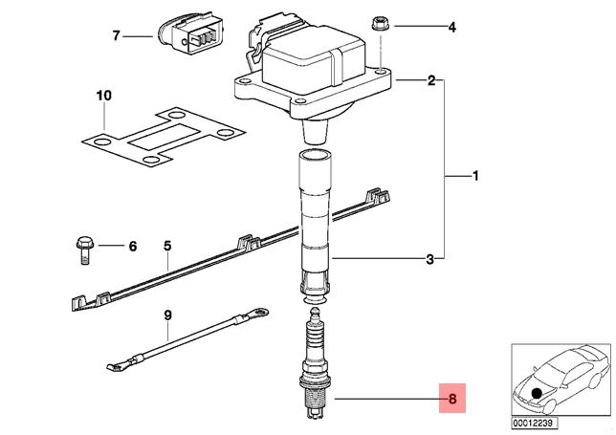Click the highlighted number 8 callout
[x=452, y=399]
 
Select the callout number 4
[x=452, y=27]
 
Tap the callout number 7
[x=116, y=35]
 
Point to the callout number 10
[x=104, y=96]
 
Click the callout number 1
[x=475, y=176]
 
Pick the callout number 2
[x=431, y=80]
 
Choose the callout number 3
[x=430, y=259]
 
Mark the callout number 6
[x=133, y=246]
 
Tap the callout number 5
[x=167, y=246]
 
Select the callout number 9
[x=167, y=315]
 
